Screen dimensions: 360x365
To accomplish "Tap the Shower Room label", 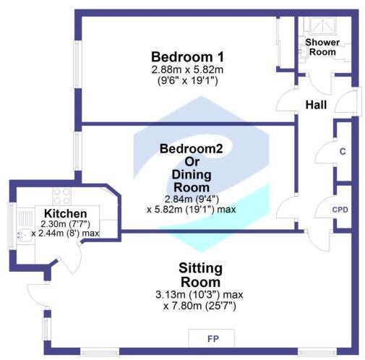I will coord(322,47).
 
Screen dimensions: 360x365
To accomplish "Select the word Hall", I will coord(316,105).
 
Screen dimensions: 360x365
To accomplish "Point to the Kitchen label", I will coord(66,214).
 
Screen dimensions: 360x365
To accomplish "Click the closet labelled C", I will coord(342,153).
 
